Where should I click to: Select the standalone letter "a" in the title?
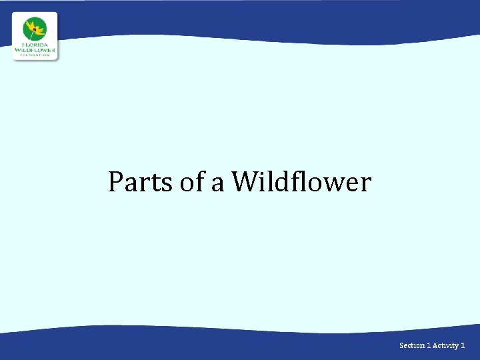(x=218, y=183)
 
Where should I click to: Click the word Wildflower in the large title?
(x=301, y=181)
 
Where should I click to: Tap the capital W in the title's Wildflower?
(x=246, y=181)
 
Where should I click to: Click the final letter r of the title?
(x=365, y=184)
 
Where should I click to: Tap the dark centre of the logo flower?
(x=34, y=30)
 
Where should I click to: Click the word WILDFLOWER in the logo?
(x=35, y=50)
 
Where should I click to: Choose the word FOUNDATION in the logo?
(x=35, y=55)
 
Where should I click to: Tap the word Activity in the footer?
(x=445, y=345)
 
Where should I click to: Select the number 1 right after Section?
(x=429, y=345)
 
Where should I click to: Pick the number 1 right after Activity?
(x=463, y=345)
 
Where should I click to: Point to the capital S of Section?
(x=401, y=345)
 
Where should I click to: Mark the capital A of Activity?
(x=435, y=345)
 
